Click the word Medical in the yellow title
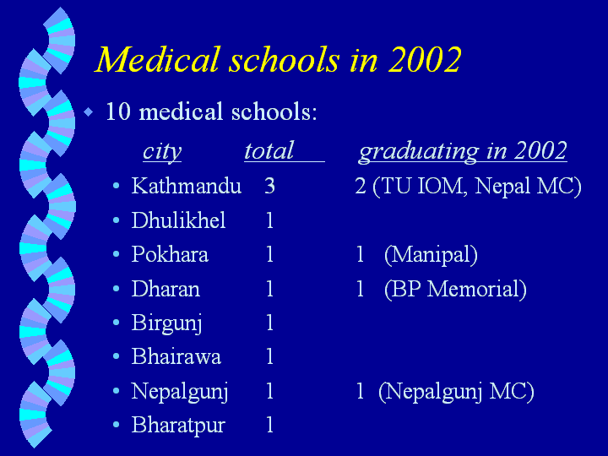coord(158,59)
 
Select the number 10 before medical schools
coord(118,111)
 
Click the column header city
coord(162,151)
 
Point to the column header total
coord(269,150)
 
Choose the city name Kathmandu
coord(187,186)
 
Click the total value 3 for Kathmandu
coord(270,186)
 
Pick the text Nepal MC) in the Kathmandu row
coord(528,186)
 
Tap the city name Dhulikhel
coord(178,220)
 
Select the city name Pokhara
coord(170,254)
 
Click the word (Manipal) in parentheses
coord(431,255)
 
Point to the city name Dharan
coord(166,289)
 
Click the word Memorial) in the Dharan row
coord(476,290)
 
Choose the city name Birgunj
coord(166,323)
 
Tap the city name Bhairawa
coord(176,356)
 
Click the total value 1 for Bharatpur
coord(270,425)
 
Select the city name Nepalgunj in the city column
coord(180,391)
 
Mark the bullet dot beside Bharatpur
coord(116,425)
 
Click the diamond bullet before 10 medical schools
coord(89,112)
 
